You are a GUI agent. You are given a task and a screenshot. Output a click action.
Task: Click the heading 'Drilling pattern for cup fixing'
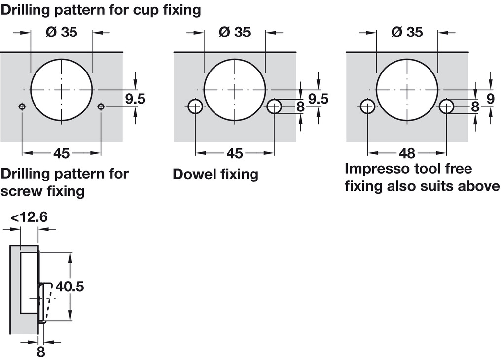click(101, 10)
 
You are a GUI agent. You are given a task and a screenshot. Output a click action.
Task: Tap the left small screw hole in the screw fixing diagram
click(22, 107)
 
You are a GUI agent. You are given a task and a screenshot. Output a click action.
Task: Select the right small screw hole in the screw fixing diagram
click(101, 107)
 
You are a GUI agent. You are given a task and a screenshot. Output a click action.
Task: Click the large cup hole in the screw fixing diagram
click(62, 90)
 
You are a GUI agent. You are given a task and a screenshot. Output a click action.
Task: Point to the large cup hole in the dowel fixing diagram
click(235, 90)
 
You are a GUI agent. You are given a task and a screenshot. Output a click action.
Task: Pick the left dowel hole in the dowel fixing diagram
click(195, 107)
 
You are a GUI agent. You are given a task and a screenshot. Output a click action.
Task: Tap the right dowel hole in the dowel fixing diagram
click(274, 107)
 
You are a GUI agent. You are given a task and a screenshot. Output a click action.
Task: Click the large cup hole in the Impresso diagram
click(407, 90)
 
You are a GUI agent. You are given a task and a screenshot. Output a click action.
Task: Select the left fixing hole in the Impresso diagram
click(367, 107)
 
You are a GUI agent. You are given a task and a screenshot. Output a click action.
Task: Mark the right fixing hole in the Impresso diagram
click(447, 107)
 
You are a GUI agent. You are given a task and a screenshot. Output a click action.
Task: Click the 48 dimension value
click(407, 153)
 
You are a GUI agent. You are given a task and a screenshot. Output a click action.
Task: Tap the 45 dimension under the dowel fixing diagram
click(235, 153)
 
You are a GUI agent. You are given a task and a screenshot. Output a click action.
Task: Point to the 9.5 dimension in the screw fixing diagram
click(135, 99)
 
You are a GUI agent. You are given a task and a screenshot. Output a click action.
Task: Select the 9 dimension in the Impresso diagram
click(490, 99)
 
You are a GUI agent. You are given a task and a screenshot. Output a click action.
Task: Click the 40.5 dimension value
click(70, 286)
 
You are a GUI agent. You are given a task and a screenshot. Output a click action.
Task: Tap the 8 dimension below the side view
click(41, 352)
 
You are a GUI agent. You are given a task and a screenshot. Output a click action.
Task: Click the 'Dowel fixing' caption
click(215, 174)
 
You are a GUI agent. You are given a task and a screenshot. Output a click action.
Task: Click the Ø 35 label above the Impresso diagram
click(407, 32)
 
